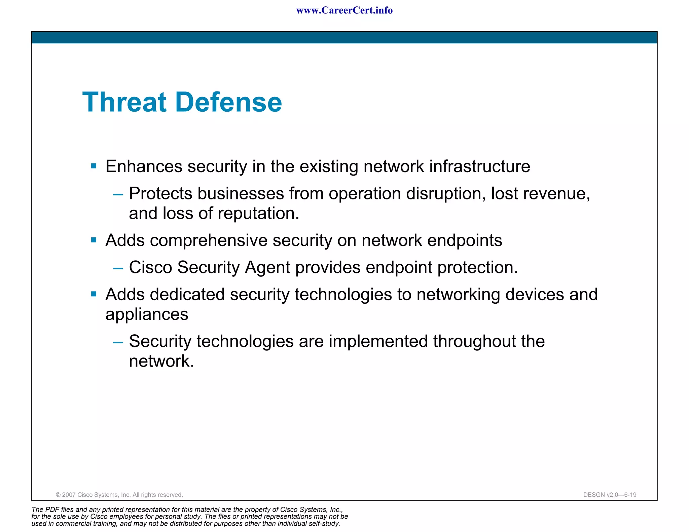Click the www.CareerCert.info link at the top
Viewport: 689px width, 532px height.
344,10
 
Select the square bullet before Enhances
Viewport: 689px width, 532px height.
94,166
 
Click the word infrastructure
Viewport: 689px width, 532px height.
479,166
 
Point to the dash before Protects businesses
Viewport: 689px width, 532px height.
118,194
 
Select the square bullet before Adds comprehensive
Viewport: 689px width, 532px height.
94,240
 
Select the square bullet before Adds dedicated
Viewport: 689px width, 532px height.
94,294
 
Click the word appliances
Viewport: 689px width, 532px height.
147,315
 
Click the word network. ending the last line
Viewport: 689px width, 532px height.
161,362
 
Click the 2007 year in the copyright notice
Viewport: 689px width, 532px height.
69,495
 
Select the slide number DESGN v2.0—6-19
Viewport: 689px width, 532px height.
610,495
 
